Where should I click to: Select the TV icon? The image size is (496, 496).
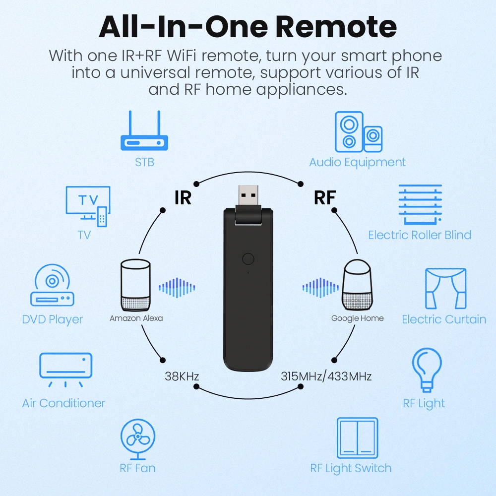(88, 206)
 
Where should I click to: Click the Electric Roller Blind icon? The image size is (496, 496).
(420, 204)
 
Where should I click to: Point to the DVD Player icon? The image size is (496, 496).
(52, 285)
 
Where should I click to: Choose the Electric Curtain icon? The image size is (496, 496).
(446, 289)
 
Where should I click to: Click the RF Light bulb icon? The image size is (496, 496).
(427, 370)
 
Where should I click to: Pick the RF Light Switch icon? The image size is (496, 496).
(358, 438)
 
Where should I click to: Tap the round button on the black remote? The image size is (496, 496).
(248, 259)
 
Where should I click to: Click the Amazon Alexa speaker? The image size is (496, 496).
(135, 285)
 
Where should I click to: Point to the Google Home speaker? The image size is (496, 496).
(358, 285)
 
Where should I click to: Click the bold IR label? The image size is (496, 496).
(183, 198)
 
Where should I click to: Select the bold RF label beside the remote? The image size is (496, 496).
(324, 198)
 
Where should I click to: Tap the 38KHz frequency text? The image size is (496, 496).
(182, 376)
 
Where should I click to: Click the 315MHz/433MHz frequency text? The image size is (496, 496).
(326, 376)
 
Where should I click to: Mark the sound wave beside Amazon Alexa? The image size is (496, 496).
(177, 288)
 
